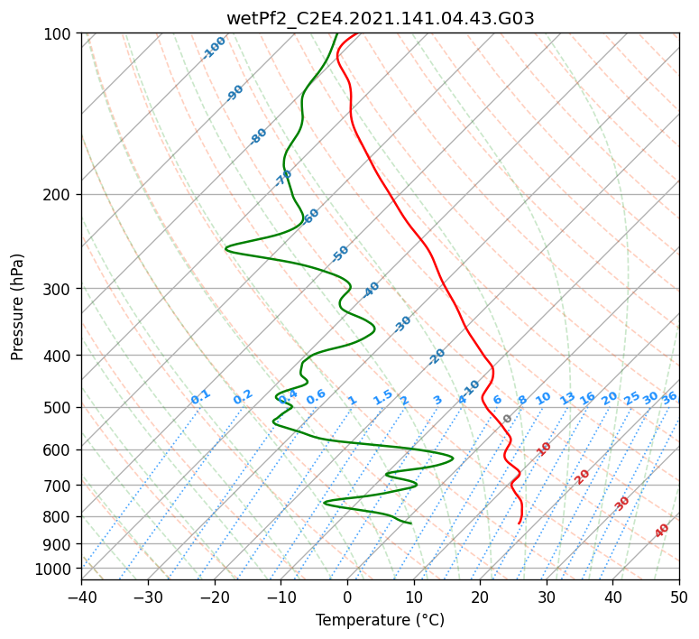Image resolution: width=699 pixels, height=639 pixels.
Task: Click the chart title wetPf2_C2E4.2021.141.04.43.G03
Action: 380,18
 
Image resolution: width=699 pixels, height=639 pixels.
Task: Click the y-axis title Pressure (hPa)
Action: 18,306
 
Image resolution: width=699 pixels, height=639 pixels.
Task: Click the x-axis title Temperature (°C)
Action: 380,620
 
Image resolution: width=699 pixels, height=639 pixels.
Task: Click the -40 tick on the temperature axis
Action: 81,597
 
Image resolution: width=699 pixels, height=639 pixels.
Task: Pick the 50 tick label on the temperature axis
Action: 679,597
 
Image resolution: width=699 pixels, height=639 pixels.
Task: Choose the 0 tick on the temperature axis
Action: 347,597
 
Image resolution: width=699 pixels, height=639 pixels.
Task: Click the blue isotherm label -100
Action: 214,48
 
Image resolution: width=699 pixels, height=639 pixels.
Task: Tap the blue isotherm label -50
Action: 340,254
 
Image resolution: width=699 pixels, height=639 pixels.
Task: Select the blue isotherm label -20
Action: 437,357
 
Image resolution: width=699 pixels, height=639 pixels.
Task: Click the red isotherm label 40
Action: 662,531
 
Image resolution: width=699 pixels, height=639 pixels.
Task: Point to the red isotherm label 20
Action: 583,476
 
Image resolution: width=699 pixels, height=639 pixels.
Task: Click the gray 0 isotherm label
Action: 508,419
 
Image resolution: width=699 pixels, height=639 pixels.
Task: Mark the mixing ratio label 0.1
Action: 200,396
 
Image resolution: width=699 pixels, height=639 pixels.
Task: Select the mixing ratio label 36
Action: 669,397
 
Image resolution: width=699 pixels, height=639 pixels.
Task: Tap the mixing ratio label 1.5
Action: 382,396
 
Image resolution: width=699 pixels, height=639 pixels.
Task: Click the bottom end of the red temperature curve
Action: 520,523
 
